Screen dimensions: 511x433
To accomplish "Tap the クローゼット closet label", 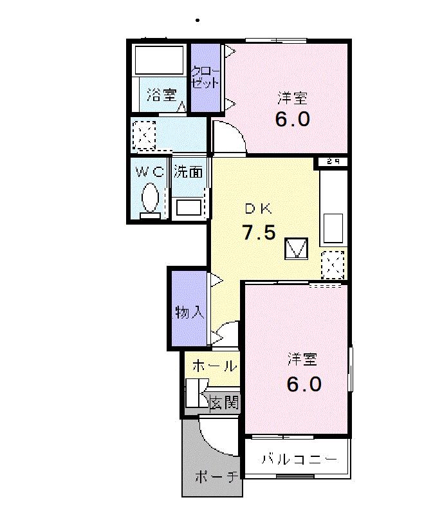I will click(x=206, y=77).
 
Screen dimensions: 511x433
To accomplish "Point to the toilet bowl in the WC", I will click(x=150, y=197).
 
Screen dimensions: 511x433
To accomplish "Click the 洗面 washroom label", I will click(x=189, y=172).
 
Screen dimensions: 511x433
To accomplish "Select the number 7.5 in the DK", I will click(x=259, y=232).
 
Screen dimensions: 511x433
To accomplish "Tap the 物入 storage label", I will click(x=189, y=313).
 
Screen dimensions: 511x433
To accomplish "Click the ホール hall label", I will click(x=213, y=366).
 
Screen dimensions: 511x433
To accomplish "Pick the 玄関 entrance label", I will click(x=225, y=403).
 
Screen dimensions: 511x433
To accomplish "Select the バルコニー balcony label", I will click(x=299, y=460).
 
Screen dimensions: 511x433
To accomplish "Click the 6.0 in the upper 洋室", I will click(x=293, y=120).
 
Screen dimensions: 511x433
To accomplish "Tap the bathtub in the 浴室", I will click(x=159, y=59).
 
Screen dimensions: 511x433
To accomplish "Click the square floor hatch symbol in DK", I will click(x=297, y=248).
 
